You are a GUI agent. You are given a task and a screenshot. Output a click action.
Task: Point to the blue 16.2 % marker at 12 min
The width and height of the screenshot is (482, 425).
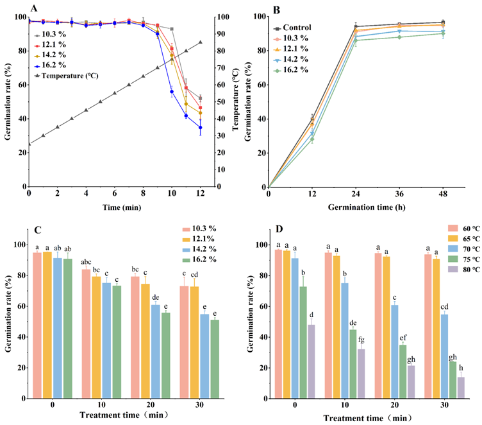[201, 127]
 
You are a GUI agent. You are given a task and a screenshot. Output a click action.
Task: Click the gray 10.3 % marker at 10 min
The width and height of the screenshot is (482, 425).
[172, 29]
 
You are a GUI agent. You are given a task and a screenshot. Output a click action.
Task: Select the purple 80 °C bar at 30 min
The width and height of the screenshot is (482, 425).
[460, 388]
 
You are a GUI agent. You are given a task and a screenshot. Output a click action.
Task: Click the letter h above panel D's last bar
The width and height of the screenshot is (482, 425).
[460, 367]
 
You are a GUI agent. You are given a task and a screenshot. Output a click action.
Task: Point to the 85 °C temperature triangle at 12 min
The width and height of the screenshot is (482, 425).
[201, 42]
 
